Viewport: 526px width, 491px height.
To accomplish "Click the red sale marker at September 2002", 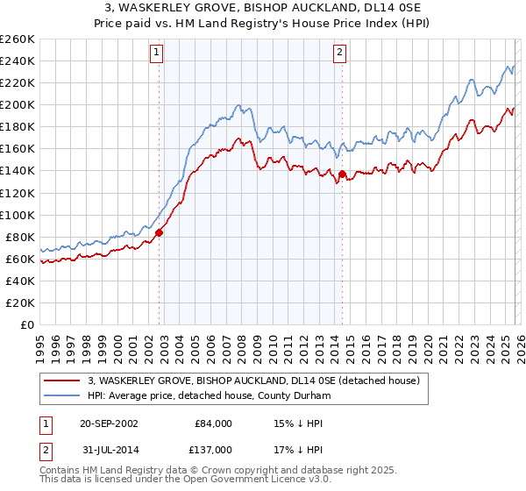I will click(x=160, y=232).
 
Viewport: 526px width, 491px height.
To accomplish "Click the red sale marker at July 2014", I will click(x=342, y=174).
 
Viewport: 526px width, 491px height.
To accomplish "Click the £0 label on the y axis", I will click(x=27, y=324).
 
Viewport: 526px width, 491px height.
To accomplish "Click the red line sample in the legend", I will click(x=63, y=381).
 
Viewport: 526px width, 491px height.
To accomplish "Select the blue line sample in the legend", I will click(x=63, y=396).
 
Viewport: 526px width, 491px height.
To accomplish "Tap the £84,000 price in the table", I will click(x=214, y=423).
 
